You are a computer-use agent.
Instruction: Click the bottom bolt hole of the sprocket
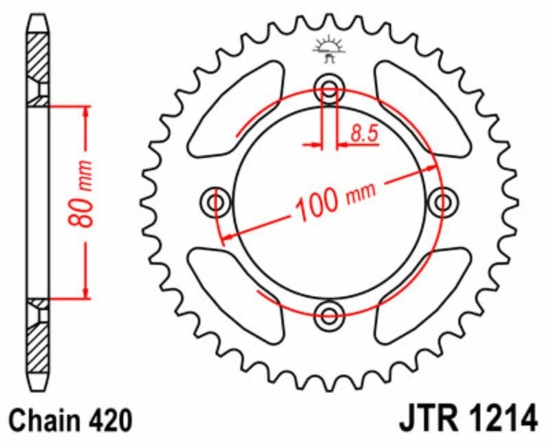click(329, 315)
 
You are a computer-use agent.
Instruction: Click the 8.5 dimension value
click(364, 133)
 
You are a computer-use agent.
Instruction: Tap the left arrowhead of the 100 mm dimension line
click(226, 236)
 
